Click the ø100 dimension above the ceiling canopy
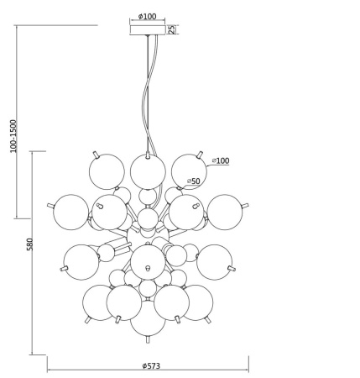148,17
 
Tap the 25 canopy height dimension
172,29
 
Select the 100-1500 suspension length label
13,136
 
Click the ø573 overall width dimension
151,365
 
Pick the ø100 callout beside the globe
221,160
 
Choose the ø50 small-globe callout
194,181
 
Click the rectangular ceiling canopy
148,30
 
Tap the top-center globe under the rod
148,171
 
